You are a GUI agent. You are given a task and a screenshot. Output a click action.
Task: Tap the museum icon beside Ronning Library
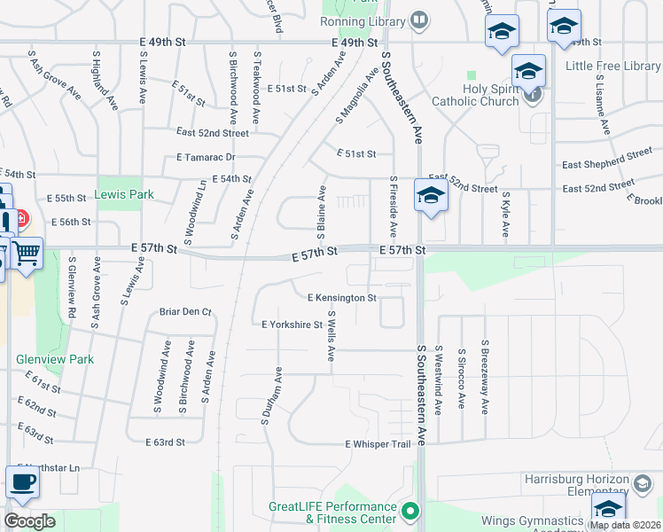coord(420,20)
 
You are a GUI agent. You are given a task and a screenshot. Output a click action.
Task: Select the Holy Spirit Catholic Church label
coord(475,94)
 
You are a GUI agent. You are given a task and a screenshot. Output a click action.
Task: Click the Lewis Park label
coord(125,194)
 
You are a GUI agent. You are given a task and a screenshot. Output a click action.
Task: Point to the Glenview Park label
coord(55,360)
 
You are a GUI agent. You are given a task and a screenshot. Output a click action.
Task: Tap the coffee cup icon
coord(22,482)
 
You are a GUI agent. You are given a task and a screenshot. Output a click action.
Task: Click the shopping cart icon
coord(26,254)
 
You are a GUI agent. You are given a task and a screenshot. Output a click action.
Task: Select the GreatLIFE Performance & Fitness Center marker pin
coord(409,511)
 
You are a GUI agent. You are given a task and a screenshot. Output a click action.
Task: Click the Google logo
coord(28,521)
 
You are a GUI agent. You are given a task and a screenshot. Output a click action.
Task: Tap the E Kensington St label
coord(342,298)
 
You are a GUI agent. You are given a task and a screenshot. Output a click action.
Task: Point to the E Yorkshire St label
coord(292,325)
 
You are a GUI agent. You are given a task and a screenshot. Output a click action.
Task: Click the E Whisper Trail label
coord(378,443)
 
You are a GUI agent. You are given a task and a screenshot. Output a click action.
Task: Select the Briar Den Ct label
coord(186,312)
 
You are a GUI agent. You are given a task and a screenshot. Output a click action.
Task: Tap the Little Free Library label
coord(612,66)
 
